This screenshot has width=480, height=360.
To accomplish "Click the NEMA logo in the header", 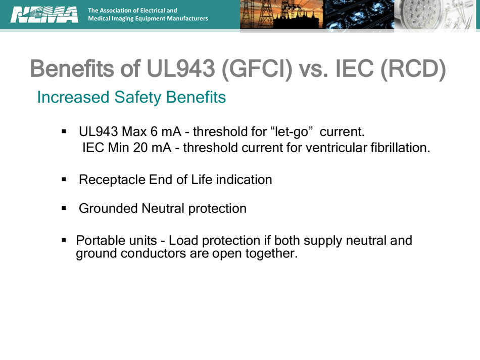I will click(44, 14).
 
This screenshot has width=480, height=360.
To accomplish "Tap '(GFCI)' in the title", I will click(258, 69).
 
